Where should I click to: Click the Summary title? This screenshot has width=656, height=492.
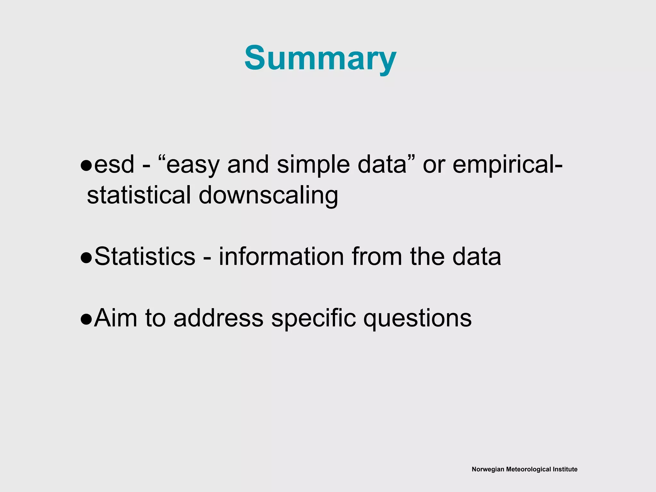pos(320,58)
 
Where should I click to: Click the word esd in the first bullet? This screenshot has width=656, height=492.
pos(114,165)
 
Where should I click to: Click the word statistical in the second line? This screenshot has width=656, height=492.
pos(139,195)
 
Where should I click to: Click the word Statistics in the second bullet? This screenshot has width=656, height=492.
pos(145,256)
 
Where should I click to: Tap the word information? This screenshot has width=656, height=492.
pos(281,256)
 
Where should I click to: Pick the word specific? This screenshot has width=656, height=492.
pos(313,318)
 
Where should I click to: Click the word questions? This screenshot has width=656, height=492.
pos(417,319)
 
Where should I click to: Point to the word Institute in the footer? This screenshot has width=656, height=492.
pos(566,469)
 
